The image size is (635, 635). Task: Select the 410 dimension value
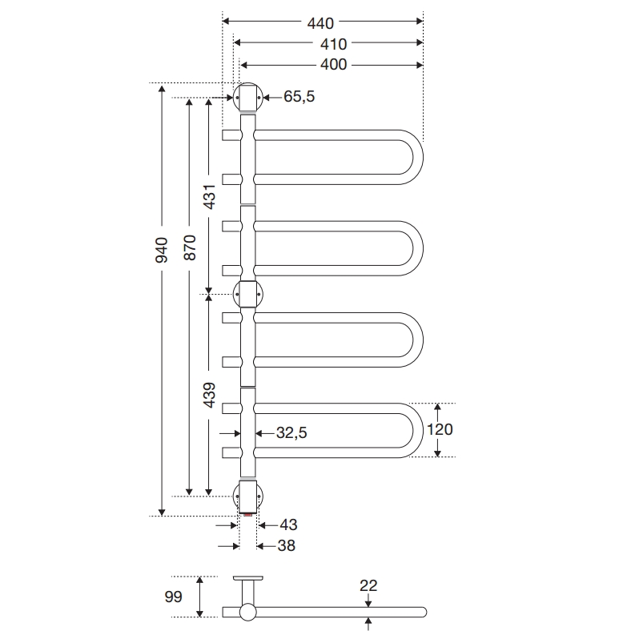coord(327,44)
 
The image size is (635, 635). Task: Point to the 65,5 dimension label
coord(299,97)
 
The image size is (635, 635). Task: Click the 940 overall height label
coord(161,250)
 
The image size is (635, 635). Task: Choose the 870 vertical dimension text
coord(190,250)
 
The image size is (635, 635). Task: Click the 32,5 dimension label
coord(291,432)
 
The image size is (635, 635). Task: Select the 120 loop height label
coord(439,430)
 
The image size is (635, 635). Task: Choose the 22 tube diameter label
coord(368,586)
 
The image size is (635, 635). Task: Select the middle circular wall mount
coord(247,295)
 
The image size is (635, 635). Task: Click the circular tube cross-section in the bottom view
coord(247,613)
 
